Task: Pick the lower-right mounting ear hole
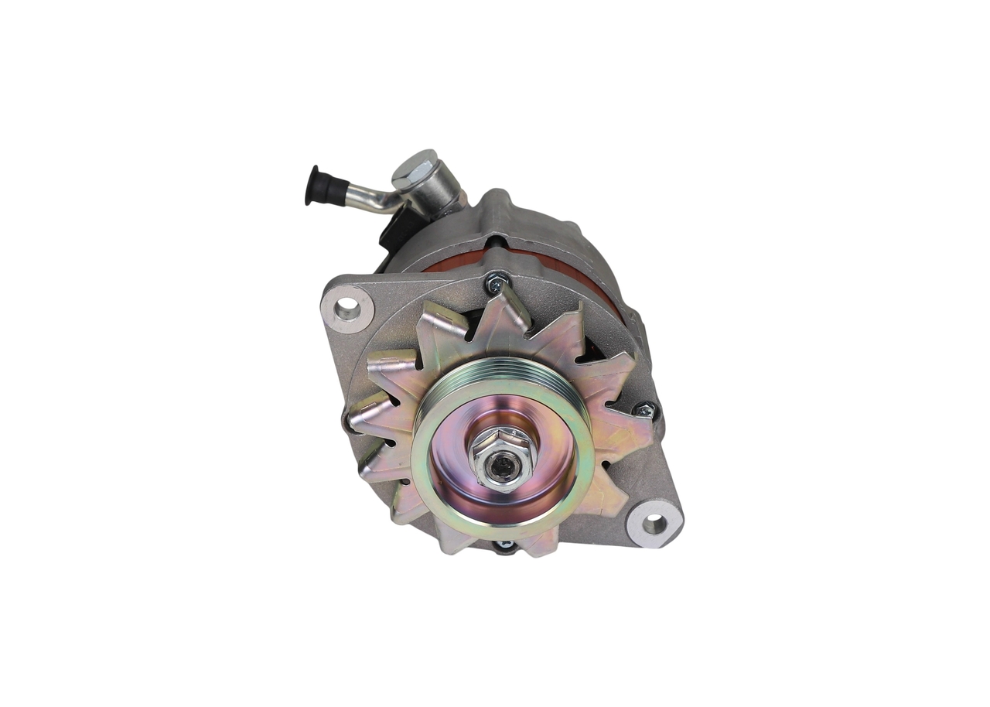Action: pos(654,524)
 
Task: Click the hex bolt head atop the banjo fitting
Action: pos(415,166)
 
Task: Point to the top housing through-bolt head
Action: pos(496,284)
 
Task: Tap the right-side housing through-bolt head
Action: pos(644,411)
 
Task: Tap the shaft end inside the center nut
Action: pos(504,464)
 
